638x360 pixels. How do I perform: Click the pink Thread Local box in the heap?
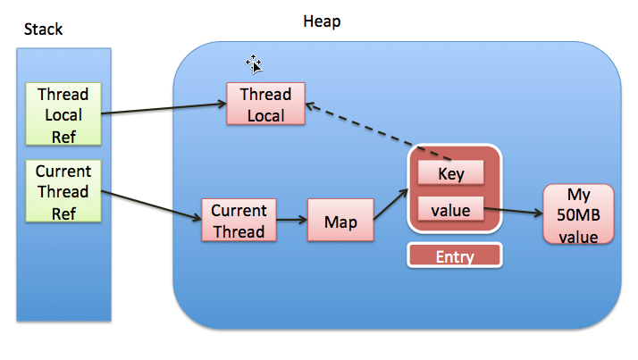point(265,105)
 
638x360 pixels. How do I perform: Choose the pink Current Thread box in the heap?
point(239,221)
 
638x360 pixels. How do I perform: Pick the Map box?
point(340,221)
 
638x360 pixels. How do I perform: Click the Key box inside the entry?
point(451,173)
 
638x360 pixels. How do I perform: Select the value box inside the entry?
point(451,211)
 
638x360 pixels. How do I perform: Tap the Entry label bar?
point(454,256)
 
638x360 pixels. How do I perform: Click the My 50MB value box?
point(578,213)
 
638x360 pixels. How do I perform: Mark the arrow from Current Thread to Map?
point(291,221)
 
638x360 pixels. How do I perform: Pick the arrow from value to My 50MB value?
point(513,213)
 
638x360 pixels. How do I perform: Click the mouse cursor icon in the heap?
point(255,63)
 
